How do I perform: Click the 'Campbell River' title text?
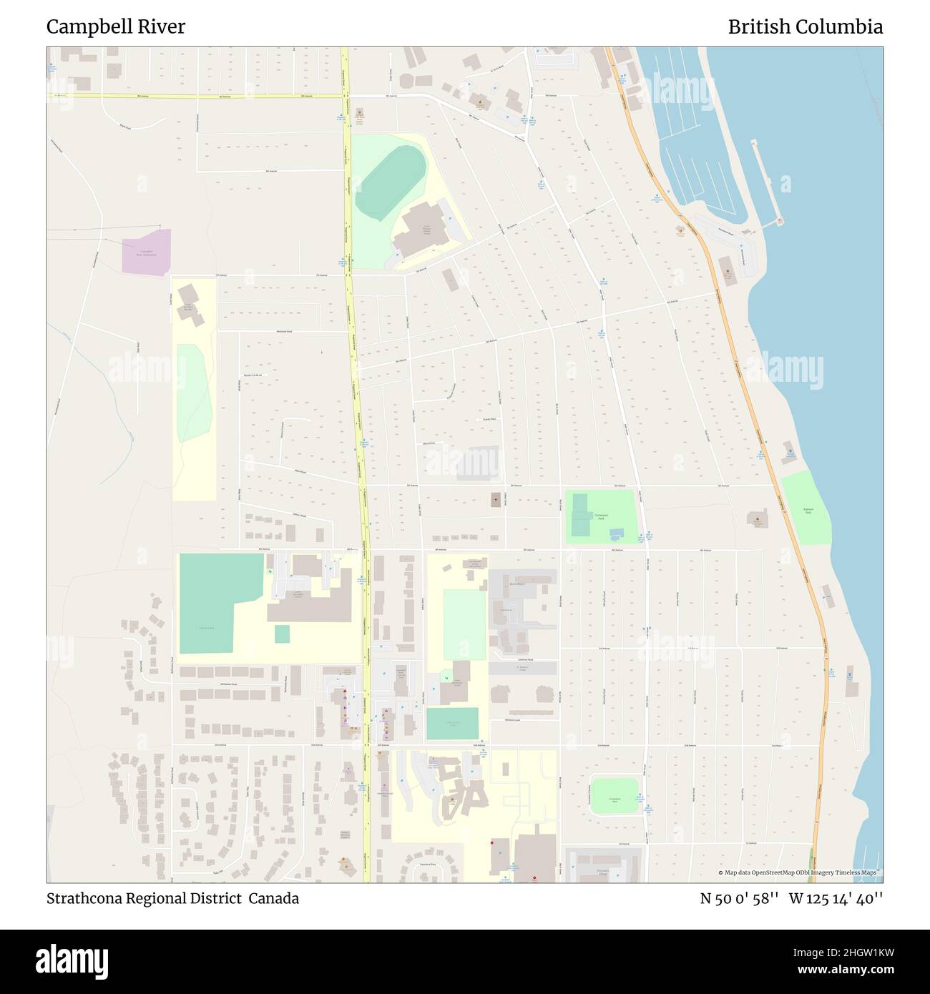(116, 27)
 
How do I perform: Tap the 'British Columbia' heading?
(805, 27)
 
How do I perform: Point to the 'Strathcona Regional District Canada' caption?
(172, 898)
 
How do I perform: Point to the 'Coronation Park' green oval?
(614, 795)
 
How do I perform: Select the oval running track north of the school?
(390, 182)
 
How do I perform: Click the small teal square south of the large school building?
(282, 634)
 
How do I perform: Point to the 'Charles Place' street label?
(489, 420)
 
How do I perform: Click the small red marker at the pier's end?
(779, 222)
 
